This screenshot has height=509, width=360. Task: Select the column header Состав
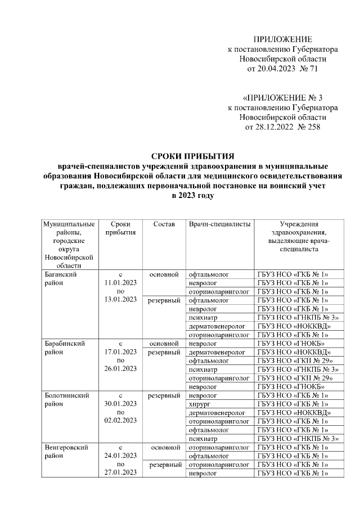(x=164, y=224)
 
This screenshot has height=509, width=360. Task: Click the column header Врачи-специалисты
(x=219, y=224)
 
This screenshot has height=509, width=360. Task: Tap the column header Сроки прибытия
(x=120, y=228)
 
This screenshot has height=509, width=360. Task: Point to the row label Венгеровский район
(x=65, y=451)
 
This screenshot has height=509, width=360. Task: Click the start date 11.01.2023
(x=120, y=283)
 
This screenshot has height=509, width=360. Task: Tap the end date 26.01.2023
(x=120, y=368)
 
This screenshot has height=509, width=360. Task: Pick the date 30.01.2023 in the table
(x=120, y=403)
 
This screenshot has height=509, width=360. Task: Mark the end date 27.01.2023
(x=120, y=474)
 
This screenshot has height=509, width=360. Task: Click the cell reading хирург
(x=200, y=403)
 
